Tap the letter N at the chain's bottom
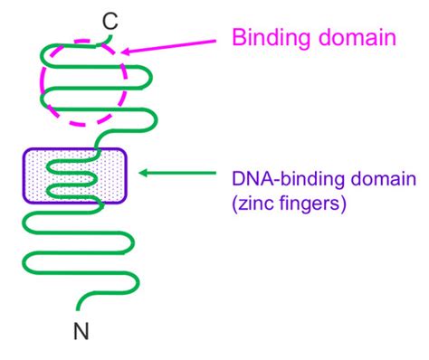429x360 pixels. [x=81, y=333]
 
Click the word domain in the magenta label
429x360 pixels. [x=361, y=38]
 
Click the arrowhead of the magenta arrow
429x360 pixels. [x=124, y=52]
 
